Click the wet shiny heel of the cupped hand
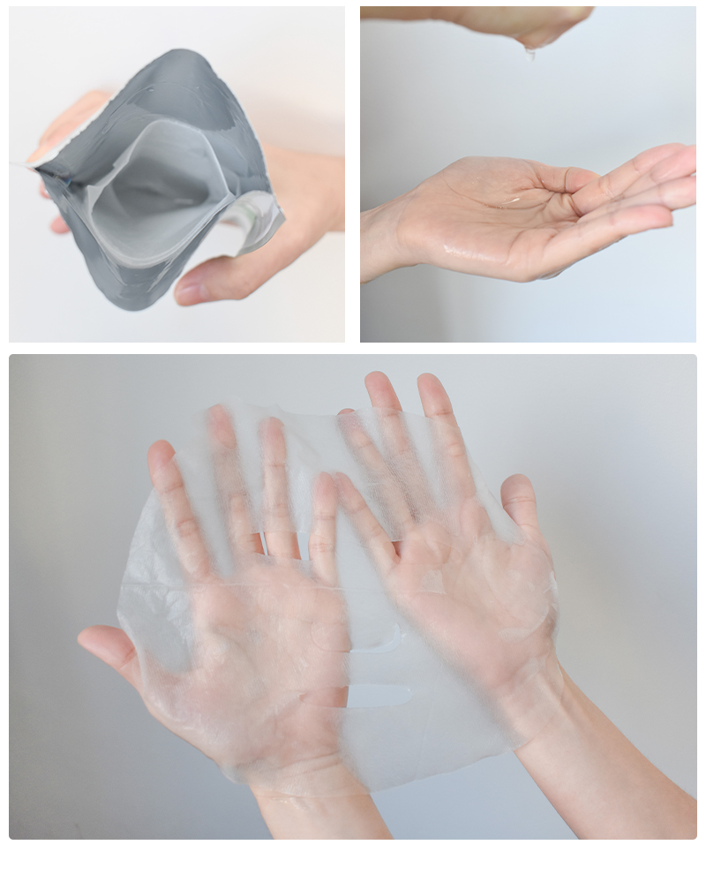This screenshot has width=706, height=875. (459, 252)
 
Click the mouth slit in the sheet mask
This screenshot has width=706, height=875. (379, 695)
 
